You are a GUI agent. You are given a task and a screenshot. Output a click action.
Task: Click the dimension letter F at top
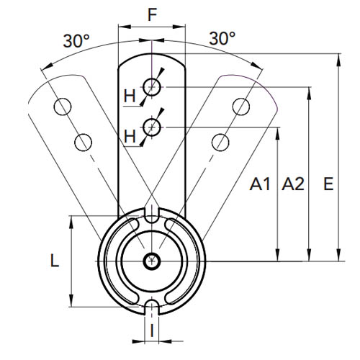[153, 14]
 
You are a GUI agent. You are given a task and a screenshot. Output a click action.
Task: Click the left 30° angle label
[76, 40]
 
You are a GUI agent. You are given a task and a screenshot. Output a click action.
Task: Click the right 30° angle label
[222, 38]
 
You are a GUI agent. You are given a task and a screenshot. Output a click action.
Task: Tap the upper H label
[130, 96]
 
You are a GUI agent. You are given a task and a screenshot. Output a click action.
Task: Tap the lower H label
[130, 136]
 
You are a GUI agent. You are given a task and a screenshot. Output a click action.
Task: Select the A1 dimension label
[260, 184]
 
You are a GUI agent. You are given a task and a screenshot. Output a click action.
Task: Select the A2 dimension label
[293, 184]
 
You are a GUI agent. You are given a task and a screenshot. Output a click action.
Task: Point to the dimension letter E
[328, 184]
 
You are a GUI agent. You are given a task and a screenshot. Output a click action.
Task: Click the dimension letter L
[55, 261]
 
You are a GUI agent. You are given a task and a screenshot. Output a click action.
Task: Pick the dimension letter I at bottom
[152, 330]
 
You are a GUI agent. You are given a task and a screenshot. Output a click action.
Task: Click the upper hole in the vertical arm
[152, 87]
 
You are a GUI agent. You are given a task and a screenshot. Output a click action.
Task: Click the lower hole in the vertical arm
[152, 127]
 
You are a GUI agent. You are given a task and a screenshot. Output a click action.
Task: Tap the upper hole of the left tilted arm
[63, 107]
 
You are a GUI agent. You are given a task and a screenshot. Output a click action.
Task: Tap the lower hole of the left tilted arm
[83, 143]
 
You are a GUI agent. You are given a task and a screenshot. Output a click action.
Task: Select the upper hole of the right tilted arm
[241, 107]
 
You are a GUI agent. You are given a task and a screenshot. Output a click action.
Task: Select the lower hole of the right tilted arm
[220, 143]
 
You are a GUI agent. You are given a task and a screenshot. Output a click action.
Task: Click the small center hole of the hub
[152, 261]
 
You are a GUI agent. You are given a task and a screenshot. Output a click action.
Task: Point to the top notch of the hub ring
[152, 214]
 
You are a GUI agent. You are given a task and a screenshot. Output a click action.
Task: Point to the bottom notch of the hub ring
[152, 307]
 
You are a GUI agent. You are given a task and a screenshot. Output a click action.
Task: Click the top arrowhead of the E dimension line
[338, 60]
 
